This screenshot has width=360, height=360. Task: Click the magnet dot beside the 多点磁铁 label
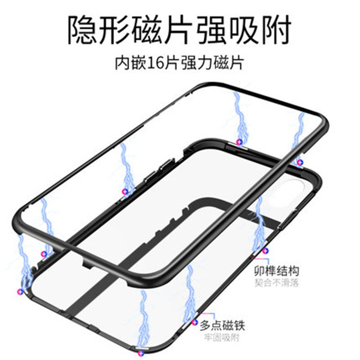(195, 322)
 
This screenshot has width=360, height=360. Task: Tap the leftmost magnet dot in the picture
(20, 292)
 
